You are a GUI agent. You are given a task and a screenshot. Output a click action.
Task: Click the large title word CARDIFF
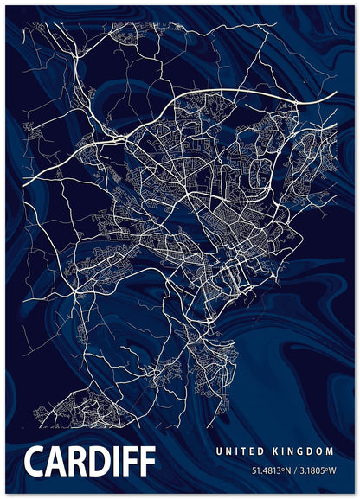90,462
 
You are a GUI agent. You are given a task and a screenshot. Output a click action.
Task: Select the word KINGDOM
304,451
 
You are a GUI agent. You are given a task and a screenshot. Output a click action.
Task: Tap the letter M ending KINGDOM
331,451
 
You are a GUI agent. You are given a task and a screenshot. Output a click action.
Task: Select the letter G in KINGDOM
304,451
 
